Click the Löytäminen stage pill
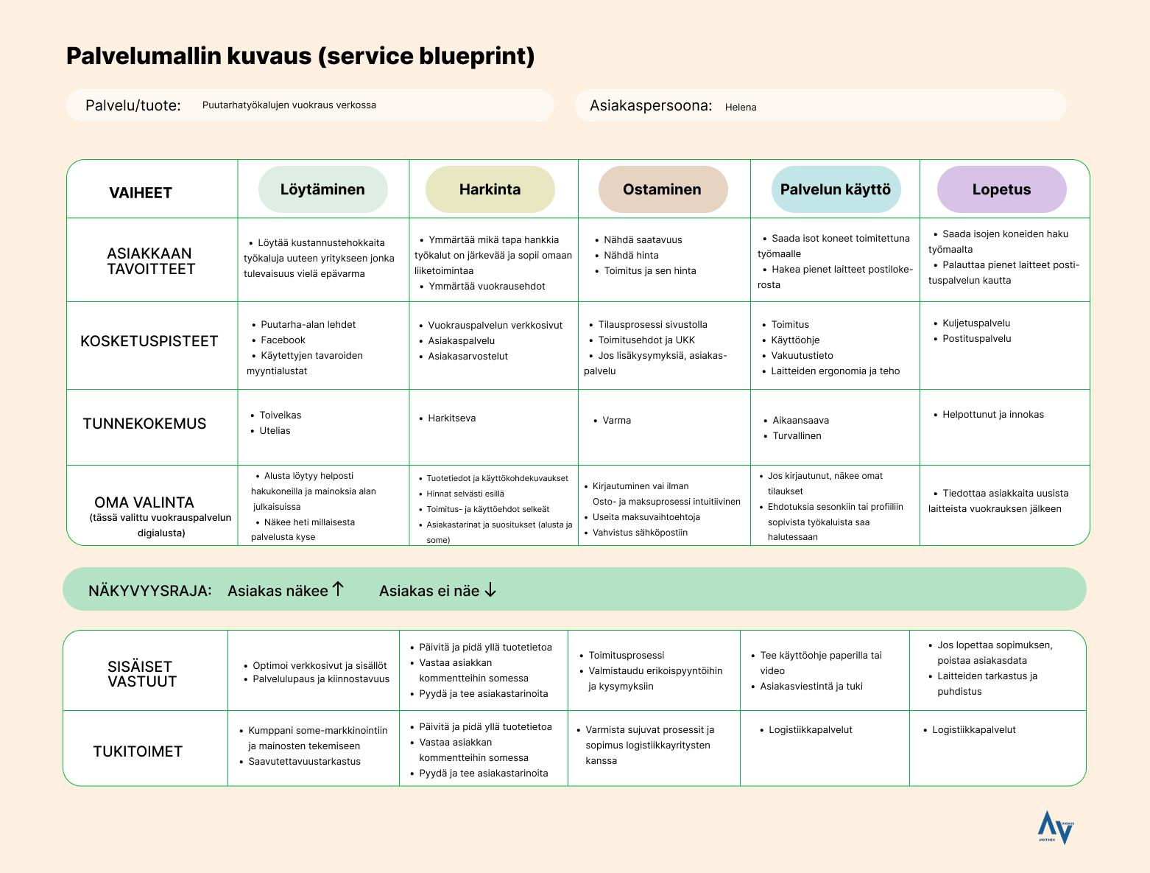click(x=322, y=189)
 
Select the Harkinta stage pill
click(x=490, y=189)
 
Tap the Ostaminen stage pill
click(x=662, y=189)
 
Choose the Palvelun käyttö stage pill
click(x=835, y=189)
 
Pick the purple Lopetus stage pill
click(x=1001, y=189)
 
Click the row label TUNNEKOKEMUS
click(x=144, y=424)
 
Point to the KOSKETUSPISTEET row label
click(x=149, y=341)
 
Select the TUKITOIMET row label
click(x=138, y=751)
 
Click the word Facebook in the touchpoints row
click(x=283, y=340)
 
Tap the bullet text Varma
click(x=617, y=421)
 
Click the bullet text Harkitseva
click(x=451, y=418)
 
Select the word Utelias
click(x=275, y=431)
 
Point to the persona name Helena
click(x=741, y=107)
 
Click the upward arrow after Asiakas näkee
click(x=338, y=589)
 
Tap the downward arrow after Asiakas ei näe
click(x=490, y=590)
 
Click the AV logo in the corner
click(x=1056, y=827)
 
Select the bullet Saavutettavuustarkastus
click(x=304, y=762)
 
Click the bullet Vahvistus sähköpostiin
click(x=640, y=533)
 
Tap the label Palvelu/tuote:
click(x=133, y=105)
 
